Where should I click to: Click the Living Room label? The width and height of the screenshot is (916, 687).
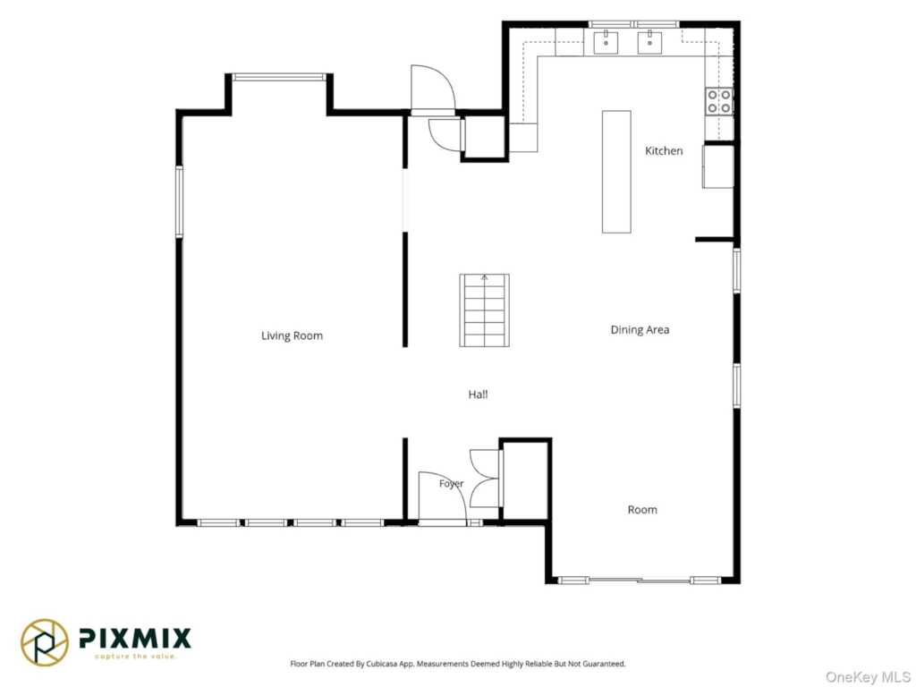click(292, 336)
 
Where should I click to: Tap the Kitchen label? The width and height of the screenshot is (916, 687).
click(664, 150)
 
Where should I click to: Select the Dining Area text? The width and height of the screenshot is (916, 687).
click(640, 329)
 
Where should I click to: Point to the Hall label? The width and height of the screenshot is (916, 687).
click(478, 394)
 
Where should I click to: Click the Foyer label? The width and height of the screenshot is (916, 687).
click(452, 484)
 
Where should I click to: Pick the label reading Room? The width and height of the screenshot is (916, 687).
click(642, 509)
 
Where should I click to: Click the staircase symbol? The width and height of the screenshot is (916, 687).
click(484, 310)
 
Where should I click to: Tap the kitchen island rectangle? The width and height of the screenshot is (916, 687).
click(616, 172)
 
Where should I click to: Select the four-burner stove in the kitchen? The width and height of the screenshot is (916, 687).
click(719, 101)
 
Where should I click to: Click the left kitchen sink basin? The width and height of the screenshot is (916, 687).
click(606, 42)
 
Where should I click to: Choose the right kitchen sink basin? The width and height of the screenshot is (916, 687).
click(649, 42)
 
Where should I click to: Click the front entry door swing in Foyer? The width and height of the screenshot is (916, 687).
click(442, 496)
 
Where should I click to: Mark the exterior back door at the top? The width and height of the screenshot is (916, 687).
click(432, 88)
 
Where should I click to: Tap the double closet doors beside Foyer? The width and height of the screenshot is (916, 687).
click(485, 478)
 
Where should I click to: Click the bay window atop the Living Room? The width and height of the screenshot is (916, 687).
click(279, 77)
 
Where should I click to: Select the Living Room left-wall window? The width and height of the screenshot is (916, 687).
click(179, 201)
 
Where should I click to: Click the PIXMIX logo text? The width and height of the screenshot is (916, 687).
click(134, 638)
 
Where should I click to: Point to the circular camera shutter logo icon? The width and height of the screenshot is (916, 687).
click(45, 642)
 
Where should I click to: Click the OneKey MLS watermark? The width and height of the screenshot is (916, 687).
click(868, 677)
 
